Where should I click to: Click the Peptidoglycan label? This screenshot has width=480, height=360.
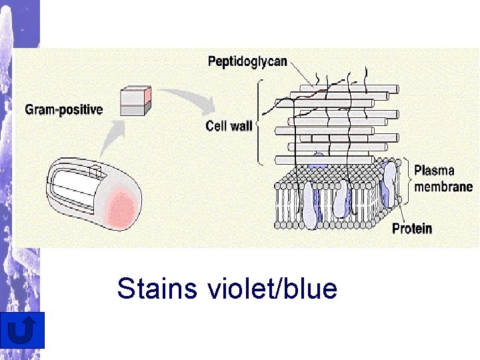point(247,61)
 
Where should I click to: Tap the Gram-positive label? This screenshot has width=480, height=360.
point(64,109)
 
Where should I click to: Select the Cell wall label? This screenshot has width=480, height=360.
point(229,126)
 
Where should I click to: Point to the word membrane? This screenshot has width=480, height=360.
point(443,187)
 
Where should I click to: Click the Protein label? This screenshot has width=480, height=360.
point(411,229)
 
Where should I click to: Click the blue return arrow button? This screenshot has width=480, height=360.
point(23,330)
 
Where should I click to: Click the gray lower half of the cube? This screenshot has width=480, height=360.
point(135,109)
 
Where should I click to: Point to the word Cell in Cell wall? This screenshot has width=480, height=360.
point(217,126)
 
